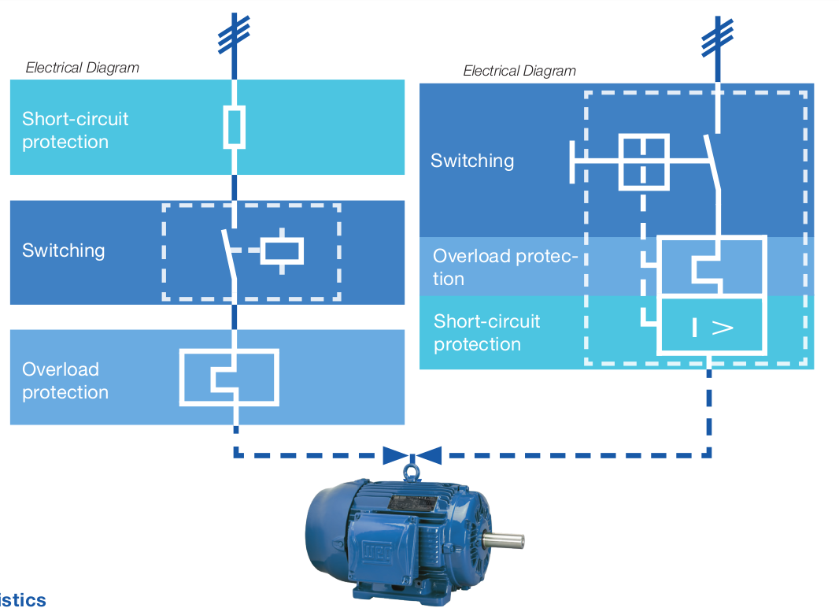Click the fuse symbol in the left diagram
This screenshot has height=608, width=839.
[x=234, y=126]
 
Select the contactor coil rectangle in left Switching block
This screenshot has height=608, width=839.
[x=283, y=250]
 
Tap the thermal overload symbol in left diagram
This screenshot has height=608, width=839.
[x=230, y=377]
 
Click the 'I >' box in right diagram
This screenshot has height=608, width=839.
[x=712, y=325]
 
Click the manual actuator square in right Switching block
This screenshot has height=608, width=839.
[x=645, y=161]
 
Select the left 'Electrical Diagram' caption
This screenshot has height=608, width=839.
[x=82, y=68]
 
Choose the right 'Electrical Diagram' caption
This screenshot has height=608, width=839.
[x=519, y=71]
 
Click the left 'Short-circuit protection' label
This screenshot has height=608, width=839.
[x=75, y=131]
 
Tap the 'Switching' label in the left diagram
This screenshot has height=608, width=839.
[x=63, y=250]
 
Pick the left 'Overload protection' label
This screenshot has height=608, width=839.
[x=65, y=381]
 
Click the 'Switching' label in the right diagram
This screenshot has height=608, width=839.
[x=472, y=161]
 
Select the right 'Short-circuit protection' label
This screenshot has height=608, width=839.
[x=486, y=332]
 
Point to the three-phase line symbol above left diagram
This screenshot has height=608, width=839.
[x=234, y=33]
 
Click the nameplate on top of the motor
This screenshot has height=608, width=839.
[x=406, y=503]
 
